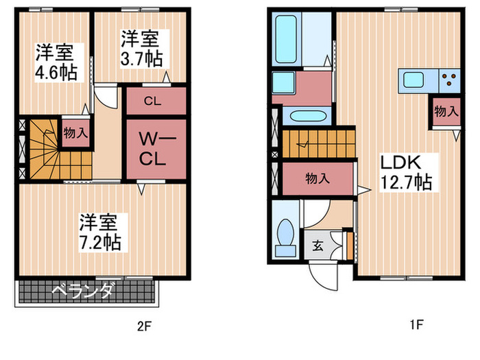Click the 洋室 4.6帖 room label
click(x=56, y=62)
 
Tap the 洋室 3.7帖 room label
click(x=141, y=49)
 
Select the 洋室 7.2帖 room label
click(x=100, y=232)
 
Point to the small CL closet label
click(x=152, y=101)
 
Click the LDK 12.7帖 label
click(x=406, y=173)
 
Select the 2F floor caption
click(x=144, y=326)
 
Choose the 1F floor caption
click(x=417, y=324)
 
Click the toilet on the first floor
click(x=286, y=237)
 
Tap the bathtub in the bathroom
click(x=286, y=39)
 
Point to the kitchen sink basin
click(x=413, y=80)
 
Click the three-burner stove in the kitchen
click(x=449, y=80)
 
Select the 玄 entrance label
click(x=317, y=245)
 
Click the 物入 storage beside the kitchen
click(x=446, y=111)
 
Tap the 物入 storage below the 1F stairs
click(x=317, y=178)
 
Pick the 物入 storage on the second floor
click(x=75, y=133)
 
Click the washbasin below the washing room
click(x=308, y=117)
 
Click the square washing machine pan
click(x=283, y=83)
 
